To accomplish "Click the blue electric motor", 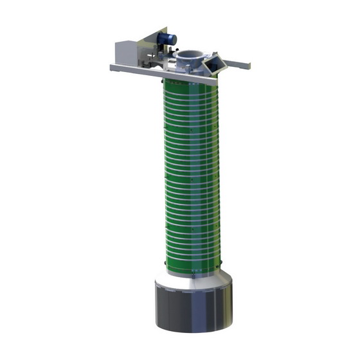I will pos(166,39).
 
